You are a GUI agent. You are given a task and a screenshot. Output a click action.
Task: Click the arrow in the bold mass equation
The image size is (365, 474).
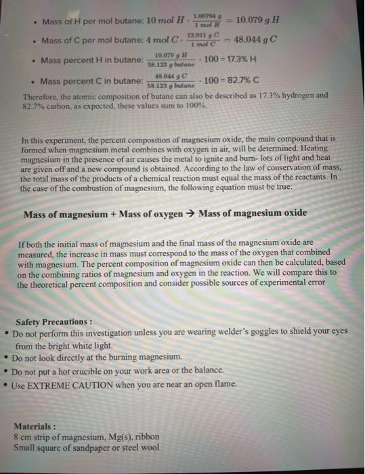pyautogui.click(x=192, y=215)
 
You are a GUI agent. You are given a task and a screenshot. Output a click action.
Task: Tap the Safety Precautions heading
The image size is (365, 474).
pyautogui.click(x=54, y=322)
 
